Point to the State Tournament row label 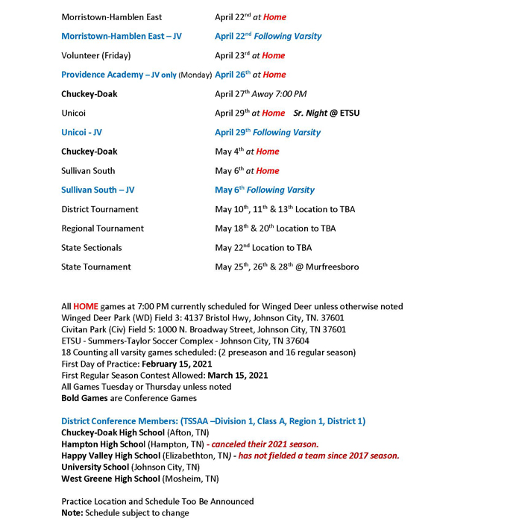click(x=95, y=267)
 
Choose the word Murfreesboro click(x=333, y=267)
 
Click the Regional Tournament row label click(x=102, y=229)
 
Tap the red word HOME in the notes click(x=86, y=307)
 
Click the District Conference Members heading click(x=213, y=421)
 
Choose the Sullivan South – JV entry click(x=98, y=190)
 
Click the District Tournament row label click(x=100, y=209)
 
